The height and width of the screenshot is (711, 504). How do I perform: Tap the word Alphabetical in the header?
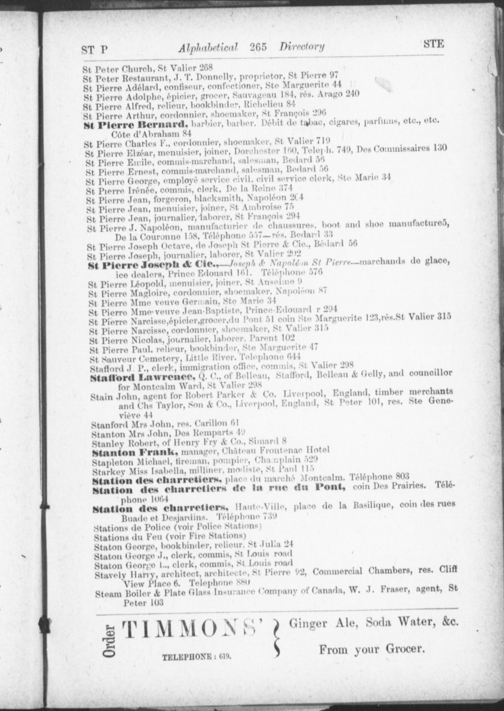click(x=208, y=48)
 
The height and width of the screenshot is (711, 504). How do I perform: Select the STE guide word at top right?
click(x=434, y=44)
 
